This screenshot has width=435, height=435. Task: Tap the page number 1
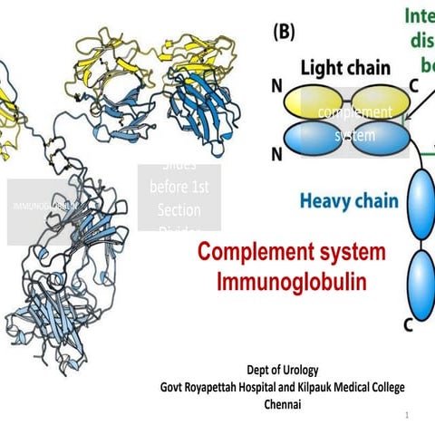408,414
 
